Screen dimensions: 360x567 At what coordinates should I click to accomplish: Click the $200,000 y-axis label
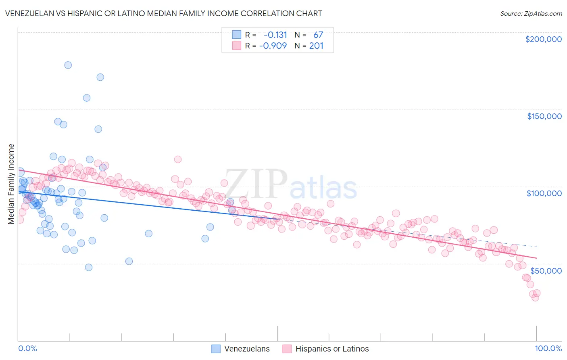(x=543, y=39)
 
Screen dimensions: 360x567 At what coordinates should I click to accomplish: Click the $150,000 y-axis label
(x=544, y=116)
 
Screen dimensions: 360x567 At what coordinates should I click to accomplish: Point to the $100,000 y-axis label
(x=544, y=193)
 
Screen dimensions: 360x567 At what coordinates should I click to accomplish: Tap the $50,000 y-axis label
(x=546, y=270)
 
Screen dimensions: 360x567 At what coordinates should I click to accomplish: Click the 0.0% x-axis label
(x=27, y=348)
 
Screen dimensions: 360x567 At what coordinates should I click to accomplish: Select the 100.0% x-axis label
(x=548, y=348)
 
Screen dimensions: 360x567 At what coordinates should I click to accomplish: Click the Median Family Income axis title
(x=11, y=184)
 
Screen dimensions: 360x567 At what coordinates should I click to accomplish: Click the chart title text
(x=163, y=13)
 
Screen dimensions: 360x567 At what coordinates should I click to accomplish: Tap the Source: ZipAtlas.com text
(x=531, y=13)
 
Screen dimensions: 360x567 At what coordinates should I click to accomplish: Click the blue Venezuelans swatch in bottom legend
(x=216, y=349)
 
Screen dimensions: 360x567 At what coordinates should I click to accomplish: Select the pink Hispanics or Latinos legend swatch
(x=287, y=349)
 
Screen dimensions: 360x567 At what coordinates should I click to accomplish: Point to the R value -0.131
(x=275, y=35)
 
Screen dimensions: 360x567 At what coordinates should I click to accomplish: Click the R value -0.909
(x=273, y=46)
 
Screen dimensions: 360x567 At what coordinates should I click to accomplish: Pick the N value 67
(x=318, y=35)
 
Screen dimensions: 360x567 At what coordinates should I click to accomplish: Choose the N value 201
(x=316, y=46)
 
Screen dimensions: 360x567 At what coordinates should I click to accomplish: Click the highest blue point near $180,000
(x=68, y=65)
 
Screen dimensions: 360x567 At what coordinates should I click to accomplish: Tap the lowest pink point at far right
(x=535, y=297)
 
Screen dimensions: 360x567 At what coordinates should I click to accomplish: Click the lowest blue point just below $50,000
(x=89, y=267)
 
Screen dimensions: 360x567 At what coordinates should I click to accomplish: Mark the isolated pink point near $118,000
(x=178, y=159)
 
